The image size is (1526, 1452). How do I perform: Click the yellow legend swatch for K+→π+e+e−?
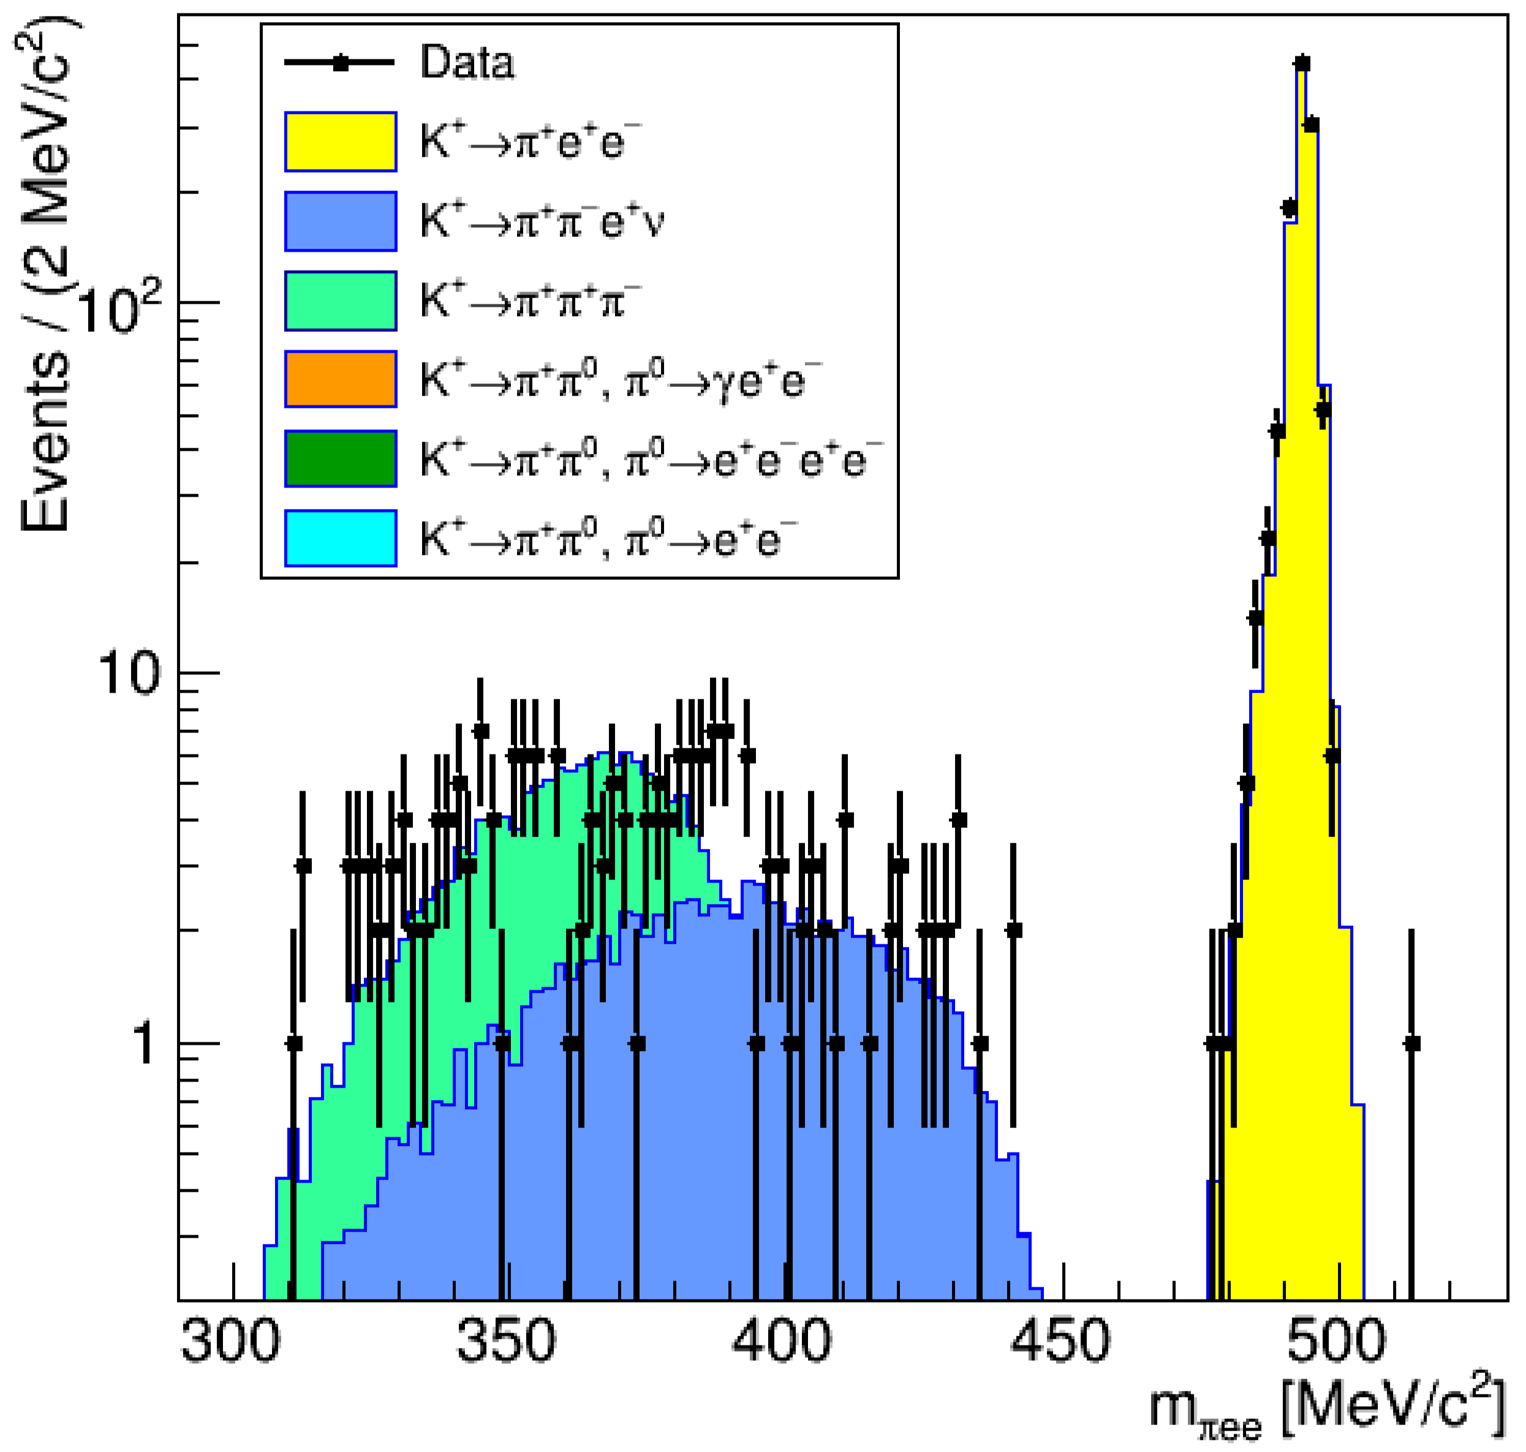pos(340,141)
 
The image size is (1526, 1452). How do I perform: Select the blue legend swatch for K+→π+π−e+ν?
pos(340,221)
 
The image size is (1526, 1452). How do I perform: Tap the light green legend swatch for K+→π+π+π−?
pos(340,301)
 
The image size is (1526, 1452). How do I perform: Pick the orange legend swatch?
pos(340,379)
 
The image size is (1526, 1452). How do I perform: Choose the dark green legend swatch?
pos(340,459)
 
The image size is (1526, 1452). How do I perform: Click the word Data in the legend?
pos(466,62)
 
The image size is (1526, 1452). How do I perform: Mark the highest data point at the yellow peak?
pos(1302,64)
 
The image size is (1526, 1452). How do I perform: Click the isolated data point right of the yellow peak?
pos(1411,1044)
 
